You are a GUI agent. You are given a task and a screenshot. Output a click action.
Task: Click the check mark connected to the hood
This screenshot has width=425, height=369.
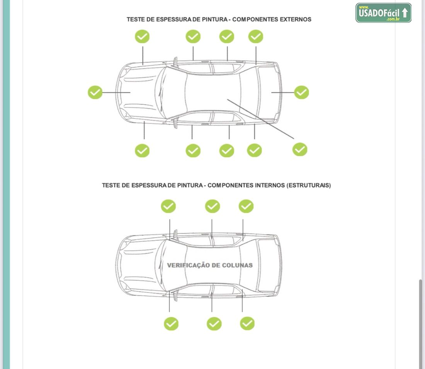95,92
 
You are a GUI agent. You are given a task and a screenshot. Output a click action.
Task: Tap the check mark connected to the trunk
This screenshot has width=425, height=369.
301,92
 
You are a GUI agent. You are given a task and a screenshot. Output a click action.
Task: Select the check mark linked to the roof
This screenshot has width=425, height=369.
300,149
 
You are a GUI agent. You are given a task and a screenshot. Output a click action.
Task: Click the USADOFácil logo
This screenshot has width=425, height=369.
383,13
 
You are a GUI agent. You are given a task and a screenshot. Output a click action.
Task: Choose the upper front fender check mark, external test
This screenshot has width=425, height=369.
142,37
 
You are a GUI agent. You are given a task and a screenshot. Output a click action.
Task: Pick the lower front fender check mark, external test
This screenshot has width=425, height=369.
142,150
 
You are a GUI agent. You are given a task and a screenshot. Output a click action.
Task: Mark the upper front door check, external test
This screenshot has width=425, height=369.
193,37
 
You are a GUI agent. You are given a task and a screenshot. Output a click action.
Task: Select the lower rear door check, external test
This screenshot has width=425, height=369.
227,150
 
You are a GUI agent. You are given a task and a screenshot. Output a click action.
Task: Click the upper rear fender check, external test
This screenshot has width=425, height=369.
256,37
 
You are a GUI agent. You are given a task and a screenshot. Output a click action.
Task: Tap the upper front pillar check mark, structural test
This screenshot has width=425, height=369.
168,206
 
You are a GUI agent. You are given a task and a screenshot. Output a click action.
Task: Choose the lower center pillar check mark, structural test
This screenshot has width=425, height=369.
214,324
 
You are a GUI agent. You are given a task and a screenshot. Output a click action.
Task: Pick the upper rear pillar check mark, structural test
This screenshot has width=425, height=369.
246,206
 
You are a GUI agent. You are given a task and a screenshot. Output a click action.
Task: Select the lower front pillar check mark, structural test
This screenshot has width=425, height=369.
171,324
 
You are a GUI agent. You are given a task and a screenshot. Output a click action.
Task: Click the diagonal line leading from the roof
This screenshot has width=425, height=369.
261,119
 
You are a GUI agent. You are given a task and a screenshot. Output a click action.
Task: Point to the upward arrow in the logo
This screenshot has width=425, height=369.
405,13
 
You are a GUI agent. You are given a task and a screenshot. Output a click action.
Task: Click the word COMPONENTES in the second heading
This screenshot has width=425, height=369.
230,185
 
